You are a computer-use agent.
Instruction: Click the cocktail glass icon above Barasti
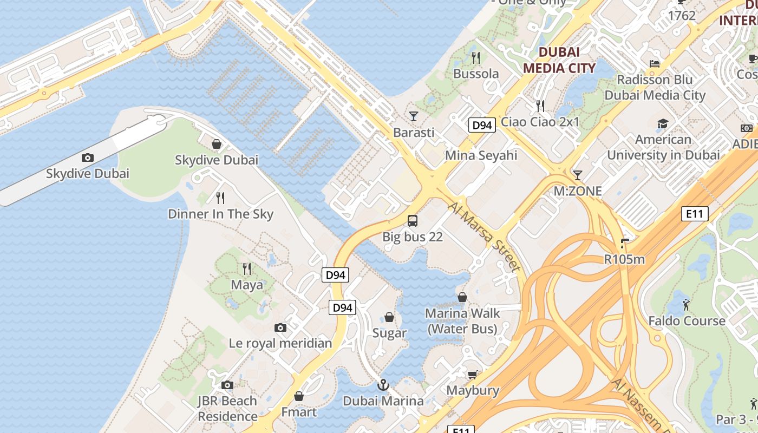coord(414,116)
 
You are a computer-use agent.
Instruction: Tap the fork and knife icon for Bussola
coord(476,57)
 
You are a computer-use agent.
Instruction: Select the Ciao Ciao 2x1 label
coord(540,122)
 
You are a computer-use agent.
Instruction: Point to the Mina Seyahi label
coord(481,156)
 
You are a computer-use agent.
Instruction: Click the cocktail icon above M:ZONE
coord(578,175)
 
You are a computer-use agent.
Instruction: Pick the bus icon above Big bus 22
coord(413,220)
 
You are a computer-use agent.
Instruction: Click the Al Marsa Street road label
coord(484,236)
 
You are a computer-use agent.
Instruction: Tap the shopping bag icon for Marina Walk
coord(462,297)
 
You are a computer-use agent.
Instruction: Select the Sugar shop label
coord(389,333)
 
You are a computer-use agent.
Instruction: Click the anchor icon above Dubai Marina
coord(383,385)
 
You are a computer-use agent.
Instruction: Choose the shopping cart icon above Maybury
coord(473,375)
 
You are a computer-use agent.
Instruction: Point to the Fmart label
coord(299,412)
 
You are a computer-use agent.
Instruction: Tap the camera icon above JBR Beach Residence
coord(227,385)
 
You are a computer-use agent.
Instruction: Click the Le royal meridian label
coord(280,343)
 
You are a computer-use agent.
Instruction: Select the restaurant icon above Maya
coord(247,268)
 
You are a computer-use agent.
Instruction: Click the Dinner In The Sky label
coord(220,214)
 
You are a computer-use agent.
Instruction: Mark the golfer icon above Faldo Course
coord(687,305)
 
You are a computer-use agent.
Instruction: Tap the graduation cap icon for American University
coord(663,124)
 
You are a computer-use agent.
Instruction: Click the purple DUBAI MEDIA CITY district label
coord(559,60)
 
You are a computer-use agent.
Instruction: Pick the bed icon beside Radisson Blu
coord(655,63)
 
